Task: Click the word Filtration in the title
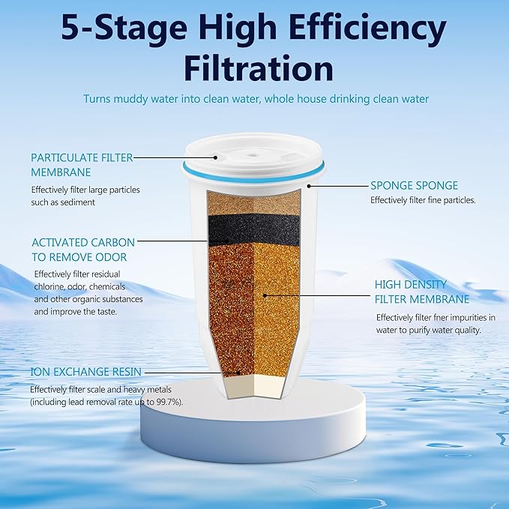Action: coord(254,68)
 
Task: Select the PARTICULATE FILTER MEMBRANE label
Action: coord(81,164)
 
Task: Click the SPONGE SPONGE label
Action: coord(414,185)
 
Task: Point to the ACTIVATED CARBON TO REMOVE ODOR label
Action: coord(83,250)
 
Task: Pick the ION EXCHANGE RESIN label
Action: coord(85,372)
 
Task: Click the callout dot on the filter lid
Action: coord(217,157)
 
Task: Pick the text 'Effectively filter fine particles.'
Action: coord(423,200)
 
